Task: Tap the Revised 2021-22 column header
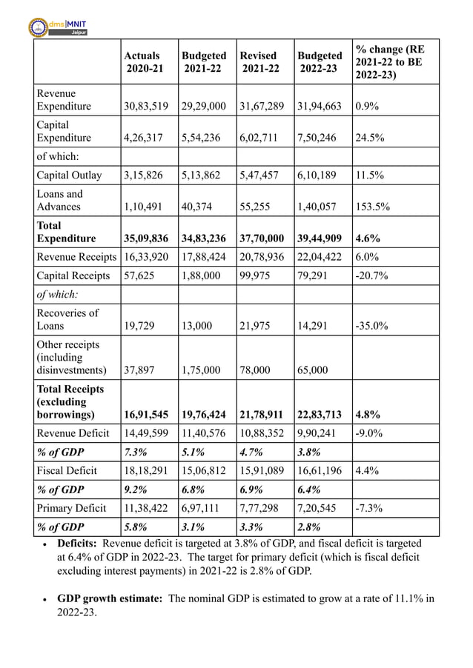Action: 259,62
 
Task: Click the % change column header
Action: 388,62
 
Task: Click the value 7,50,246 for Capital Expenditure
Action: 317,138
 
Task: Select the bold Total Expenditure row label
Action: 66,232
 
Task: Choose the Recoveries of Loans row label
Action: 67,319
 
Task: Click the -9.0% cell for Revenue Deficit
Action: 369,434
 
